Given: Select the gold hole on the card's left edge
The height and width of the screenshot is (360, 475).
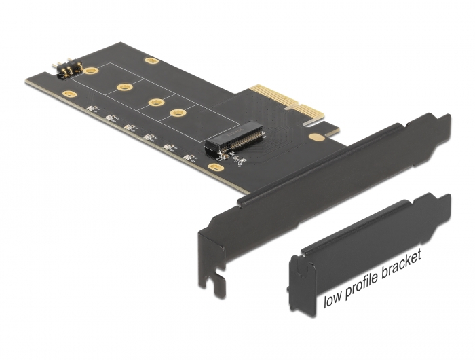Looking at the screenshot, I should [x=67, y=94].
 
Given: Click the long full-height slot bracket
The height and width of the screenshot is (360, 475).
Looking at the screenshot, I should [x=319, y=190].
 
